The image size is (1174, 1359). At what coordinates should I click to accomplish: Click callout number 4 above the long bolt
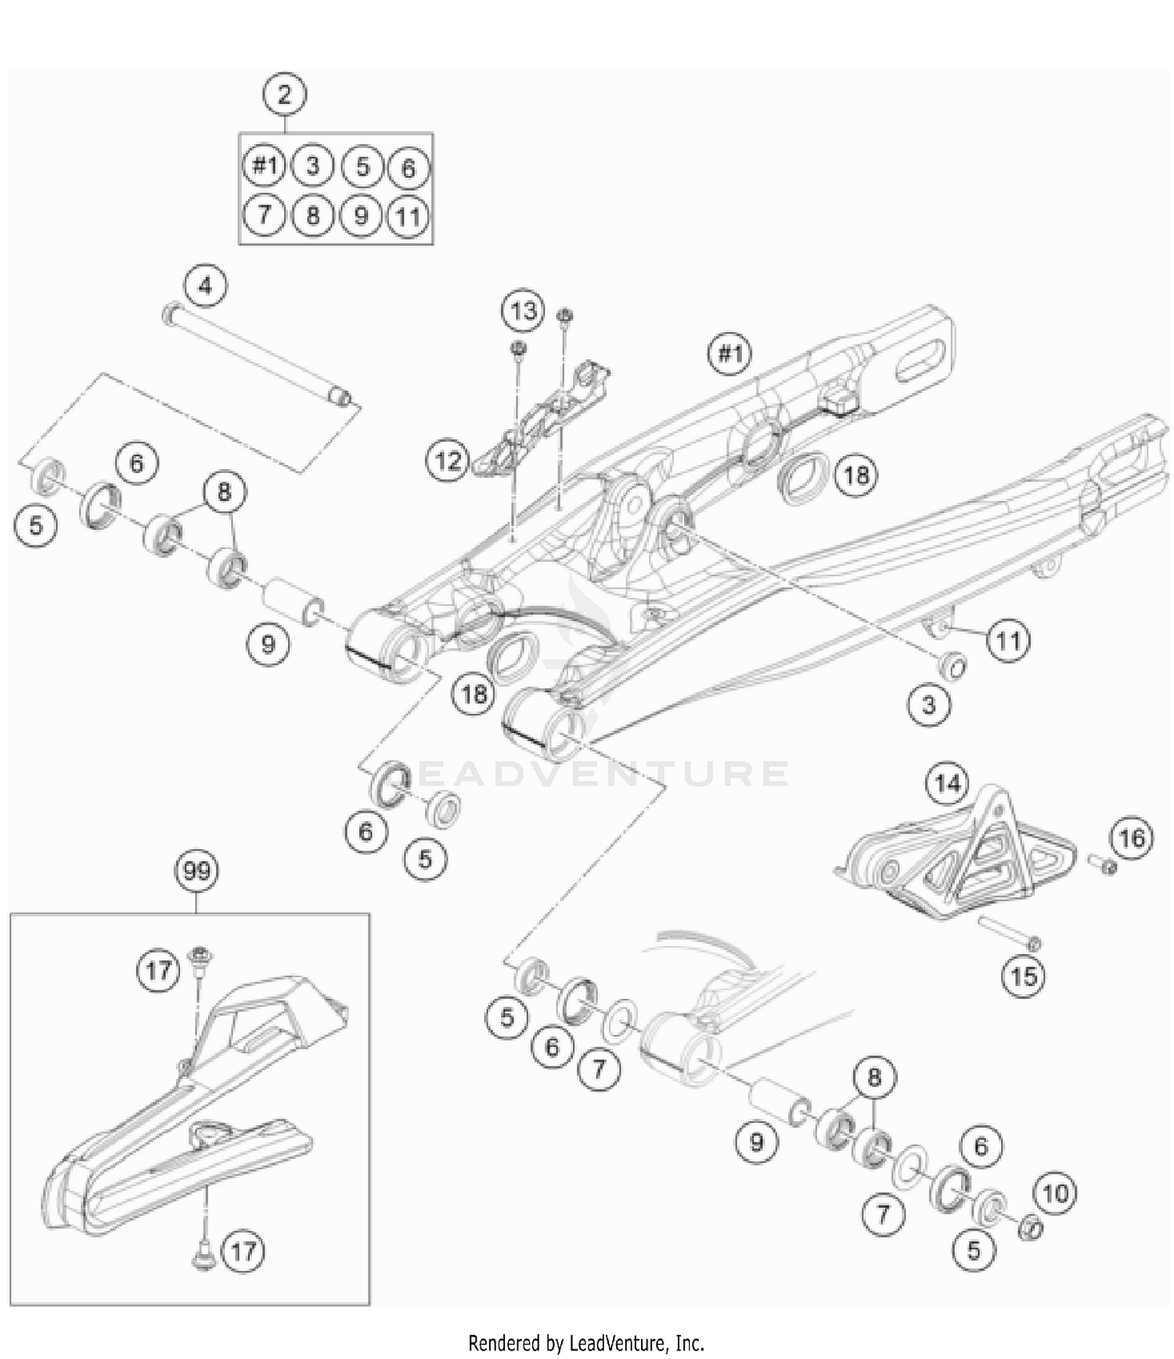click(205, 286)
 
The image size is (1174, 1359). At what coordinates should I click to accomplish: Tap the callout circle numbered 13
click(523, 311)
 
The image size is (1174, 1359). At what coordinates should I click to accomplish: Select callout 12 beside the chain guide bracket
click(448, 460)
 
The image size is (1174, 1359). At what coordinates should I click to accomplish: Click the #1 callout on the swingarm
click(729, 354)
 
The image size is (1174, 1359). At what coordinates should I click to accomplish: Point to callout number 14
click(947, 782)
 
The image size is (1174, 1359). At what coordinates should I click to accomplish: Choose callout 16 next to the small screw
click(1131, 838)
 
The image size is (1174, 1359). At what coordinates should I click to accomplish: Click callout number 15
click(1024, 976)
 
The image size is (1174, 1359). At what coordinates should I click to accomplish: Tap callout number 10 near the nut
click(1055, 1193)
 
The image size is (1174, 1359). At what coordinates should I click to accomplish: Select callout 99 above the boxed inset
click(196, 871)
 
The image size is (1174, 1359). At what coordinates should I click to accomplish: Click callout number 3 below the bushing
click(928, 705)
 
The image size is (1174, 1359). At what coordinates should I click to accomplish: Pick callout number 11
click(1008, 641)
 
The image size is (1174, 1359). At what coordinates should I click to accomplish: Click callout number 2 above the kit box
click(284, 95)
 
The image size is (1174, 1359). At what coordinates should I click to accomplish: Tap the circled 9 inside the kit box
click(361, 214)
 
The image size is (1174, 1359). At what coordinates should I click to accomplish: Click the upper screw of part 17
click(201, 958)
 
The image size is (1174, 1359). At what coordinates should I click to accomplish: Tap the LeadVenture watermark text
click(595, 773)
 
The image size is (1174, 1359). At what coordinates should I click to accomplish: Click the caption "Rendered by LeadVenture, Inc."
click(586, 1343)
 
